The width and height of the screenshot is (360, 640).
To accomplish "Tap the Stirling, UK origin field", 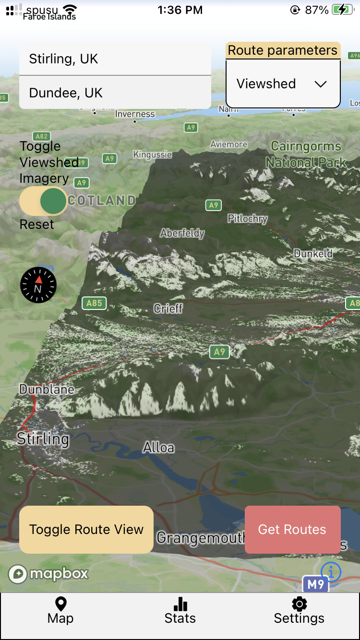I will (x=115, y=59).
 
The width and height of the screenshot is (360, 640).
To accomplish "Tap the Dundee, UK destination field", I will (x=115, y=93).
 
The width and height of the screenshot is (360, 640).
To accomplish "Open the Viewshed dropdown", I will (x=283, y=84).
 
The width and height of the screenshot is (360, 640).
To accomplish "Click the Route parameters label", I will (x=283, y=50).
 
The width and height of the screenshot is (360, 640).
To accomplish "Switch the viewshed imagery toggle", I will (x=43, y=201).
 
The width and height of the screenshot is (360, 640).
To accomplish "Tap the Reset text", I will (x=37, y=225).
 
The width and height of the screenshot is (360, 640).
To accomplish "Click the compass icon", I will (x=38, y=285).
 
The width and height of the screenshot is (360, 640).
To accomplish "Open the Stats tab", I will (x=180, y=611).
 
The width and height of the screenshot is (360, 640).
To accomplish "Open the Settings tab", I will (x=299, y=611).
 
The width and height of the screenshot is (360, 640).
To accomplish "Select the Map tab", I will (x=60, y=611).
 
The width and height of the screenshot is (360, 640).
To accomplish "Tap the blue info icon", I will (x=331, y=571).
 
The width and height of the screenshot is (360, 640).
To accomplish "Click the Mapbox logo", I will (x=48, y=574).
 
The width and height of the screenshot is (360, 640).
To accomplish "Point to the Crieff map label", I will (x=168, y=308).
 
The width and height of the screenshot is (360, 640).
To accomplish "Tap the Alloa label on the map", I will (x=159, y=448).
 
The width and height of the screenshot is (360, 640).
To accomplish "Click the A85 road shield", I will (x=94, y=303).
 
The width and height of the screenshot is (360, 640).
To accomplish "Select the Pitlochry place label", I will (x=247, y=219).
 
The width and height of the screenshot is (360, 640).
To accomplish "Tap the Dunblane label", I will (x=47, y=389).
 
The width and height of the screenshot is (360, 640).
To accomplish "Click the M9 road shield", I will (x=315, y=584).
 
